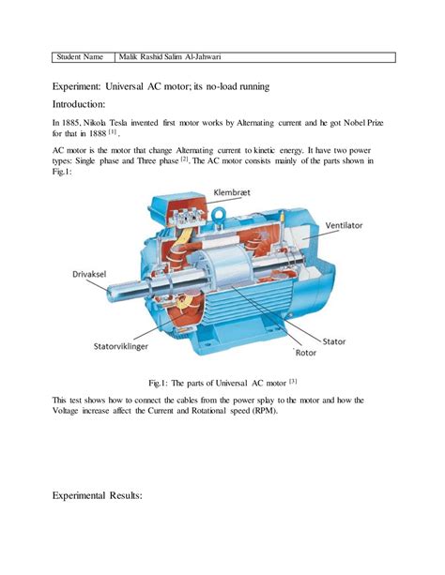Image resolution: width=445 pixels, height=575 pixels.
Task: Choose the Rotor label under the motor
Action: [308, 353]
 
